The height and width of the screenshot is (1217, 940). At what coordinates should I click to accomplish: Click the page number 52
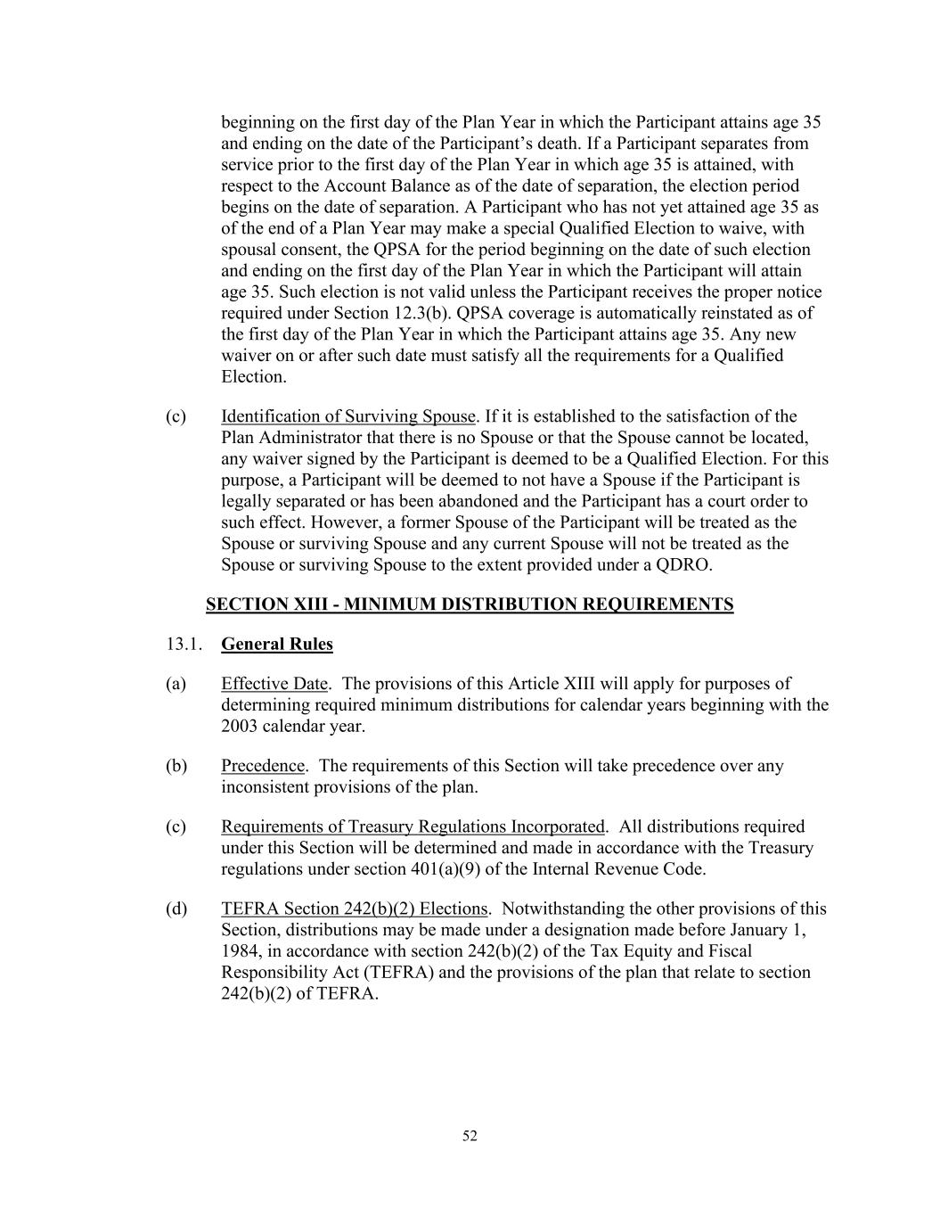pyautogui.click(x=470, y=1135)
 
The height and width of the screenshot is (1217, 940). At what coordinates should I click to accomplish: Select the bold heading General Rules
pyautogui.click(x=277, y=644)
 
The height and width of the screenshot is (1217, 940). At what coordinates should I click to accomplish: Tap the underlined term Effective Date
pyautogui.click(x=274, y=684)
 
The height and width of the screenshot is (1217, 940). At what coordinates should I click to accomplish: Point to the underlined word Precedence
pyautogui.click(x=263, y=766)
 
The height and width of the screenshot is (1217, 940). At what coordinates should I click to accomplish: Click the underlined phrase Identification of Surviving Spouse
pyautogui.click(x=347, y=416)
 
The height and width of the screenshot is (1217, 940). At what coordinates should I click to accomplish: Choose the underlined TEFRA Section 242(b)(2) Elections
pyautogui.click(x=355, y=909)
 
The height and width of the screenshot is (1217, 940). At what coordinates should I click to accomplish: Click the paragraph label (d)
pyautogui.click(x=176, y=909)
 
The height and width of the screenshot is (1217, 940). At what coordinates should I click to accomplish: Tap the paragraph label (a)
pyautogui.click(x=176, y=684)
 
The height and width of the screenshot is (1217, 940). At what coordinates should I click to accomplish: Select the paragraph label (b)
pyautogui.click(x=176, y=766)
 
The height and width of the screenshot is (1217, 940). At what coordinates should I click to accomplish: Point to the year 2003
pyautogui.click(x=239, y=726)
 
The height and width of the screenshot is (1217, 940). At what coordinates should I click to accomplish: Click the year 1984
pyautogui.click(x=239, y=950)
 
